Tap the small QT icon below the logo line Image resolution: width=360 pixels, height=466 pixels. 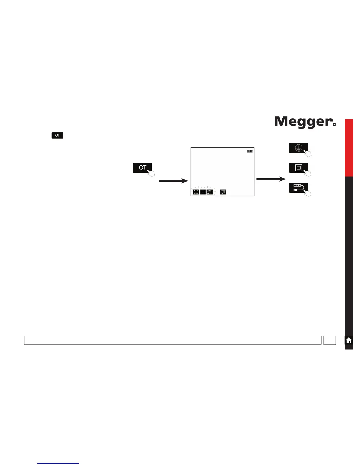pyautogui.click(x=57, y=135)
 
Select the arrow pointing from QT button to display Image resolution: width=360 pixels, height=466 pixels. pyautogui.click(x=173, y=181)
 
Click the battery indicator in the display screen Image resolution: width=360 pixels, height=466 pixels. pyautogui.click(x=250, y=151)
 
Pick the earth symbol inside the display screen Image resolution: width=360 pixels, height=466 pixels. pyautogui.click(x=196, y=192)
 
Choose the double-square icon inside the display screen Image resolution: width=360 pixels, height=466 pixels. pyautogui.click(x=203, y=192)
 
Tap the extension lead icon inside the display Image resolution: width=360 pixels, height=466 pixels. pyautogui.click(x=209, y=192)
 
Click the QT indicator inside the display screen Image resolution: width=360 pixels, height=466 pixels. pyautogui.click(x=223, y=192)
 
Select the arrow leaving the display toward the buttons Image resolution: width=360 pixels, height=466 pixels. pyautogui.click(x=271, y=179)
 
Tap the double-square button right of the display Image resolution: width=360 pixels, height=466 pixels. pyautogui.click(x=298, y=168)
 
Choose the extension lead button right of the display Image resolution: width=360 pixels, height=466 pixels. pyautogui.click(x=298, y=188)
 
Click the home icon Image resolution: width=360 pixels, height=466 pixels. pyautogui.click(x=349, y=340)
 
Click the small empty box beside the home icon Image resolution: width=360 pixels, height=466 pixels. pyautogui.click(x=329, y=340)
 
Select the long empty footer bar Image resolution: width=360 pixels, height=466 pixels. pyautogui.click(x=173, y=340)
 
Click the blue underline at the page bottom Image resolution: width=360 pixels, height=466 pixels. pyautogui.click(x=58, y=463)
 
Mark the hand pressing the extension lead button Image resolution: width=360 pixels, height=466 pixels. pyautogui.click(x=308, y=193)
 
